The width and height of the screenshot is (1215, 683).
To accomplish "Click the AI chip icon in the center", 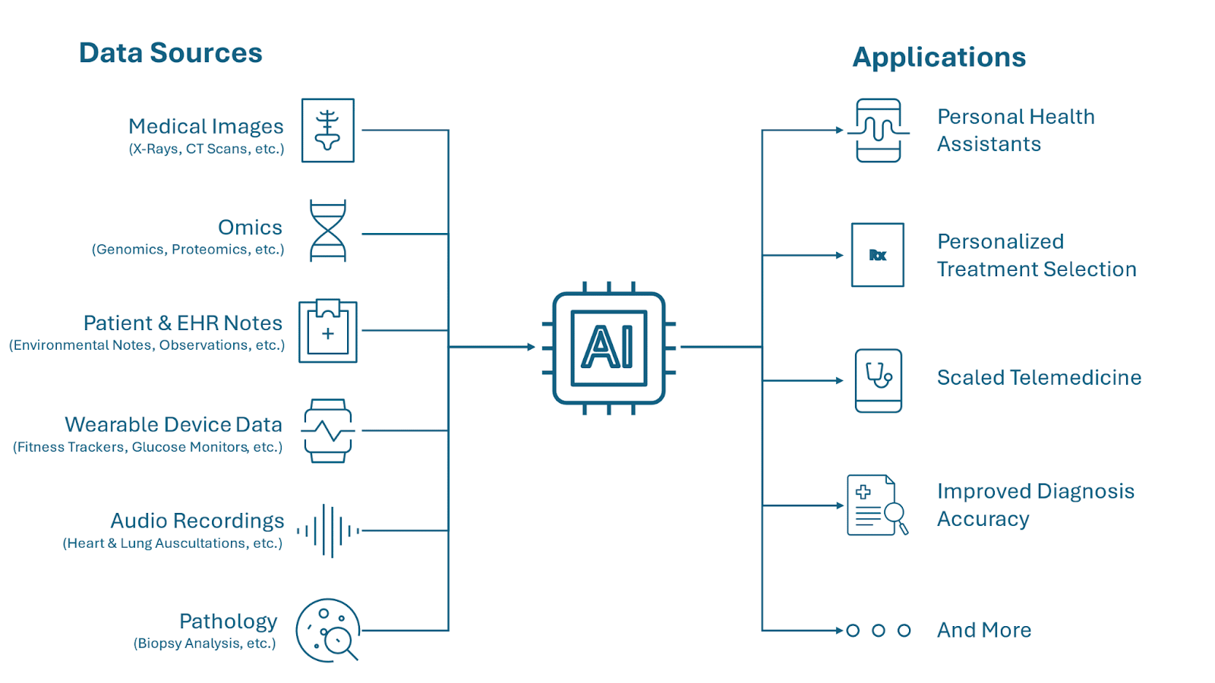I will pyautogui.click(x=608, y=348).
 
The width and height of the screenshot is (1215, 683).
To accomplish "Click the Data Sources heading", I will pyautogui.click(x=170, y=53).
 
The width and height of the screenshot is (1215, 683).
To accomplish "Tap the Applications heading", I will pyautogui.click(x=939, y=58).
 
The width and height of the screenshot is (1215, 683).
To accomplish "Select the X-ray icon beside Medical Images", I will pyautogui.click(x=328, y=131).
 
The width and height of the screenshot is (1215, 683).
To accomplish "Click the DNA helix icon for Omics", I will pyautogui.click(x=328, y=231).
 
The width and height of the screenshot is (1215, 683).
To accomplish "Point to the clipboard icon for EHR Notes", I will pyautogui.click(x=328, y=331).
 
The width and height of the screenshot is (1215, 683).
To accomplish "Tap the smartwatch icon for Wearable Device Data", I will pyautogui.click(x=328, y=431).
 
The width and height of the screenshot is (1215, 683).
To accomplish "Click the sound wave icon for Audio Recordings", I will pyautogui.click(x=328, y=530).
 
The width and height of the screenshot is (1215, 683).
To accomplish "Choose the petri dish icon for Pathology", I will pyautogui.click(x=327, y=631).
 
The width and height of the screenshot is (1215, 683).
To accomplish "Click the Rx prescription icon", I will pyautogui.click(x=878, y=255).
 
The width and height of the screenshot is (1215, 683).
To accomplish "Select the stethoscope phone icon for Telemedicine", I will pyautogui.click(x=879, y=380).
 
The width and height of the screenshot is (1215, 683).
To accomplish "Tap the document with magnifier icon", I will pyautogui.click(x=876, y=505).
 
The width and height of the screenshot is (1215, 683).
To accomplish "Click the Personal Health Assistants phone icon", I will pyautogui.click(x=879, y=131).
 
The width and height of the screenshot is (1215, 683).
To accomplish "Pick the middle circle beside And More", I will pyautogui.click(x=879, y=631).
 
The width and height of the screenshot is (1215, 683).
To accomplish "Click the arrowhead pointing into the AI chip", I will pyautogui.click(x=532, y=347).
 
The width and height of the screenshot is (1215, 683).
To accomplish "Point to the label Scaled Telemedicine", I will pyautogui.click(x=1039, y=378).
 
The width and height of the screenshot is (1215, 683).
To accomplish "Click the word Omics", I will pyautogui.click(x=250, y=228).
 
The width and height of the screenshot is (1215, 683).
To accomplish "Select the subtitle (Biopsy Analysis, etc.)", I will pyautogui.click(x=204, y=644).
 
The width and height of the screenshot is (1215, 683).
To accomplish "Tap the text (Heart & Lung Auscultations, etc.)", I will pyautogui.click(x=172, y=543).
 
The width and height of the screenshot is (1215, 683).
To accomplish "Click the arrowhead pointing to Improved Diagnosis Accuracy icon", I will pyautogui.click(x=839, y=505).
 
